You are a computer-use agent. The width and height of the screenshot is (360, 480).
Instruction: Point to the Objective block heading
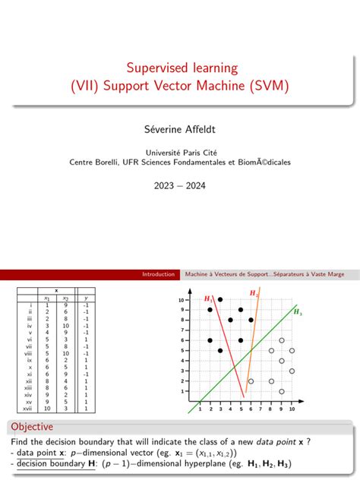tap(30, 427)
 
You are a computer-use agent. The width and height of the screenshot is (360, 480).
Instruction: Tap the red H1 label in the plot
tap(207, 299)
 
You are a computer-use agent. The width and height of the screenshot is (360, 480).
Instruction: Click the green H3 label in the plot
tap(297, 312)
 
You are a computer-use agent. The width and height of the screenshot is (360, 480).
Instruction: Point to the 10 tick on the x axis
tap(291, 409)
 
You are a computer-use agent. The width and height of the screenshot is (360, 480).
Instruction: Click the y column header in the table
tap(86, 298)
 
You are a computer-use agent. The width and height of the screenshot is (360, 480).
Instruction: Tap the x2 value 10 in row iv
tap(65, 325)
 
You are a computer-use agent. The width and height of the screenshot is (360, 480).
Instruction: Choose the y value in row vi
tap(86, 339)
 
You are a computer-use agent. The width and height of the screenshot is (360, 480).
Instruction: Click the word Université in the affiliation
tap(154, 150)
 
